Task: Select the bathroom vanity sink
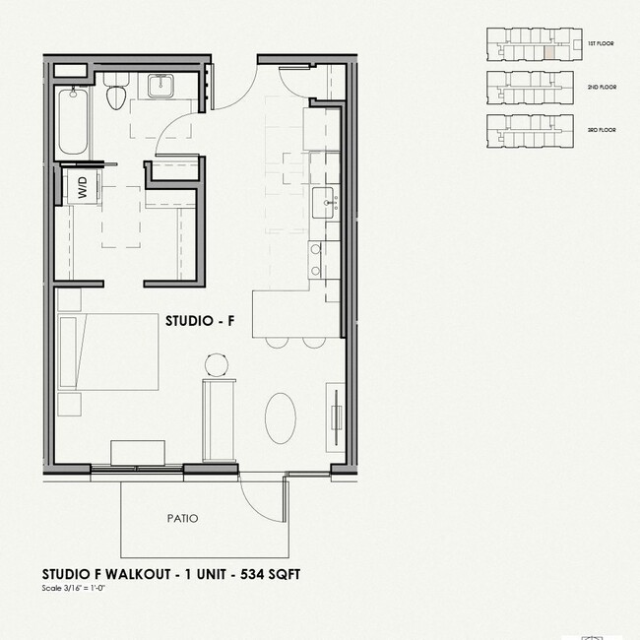[x=160, y=88]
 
